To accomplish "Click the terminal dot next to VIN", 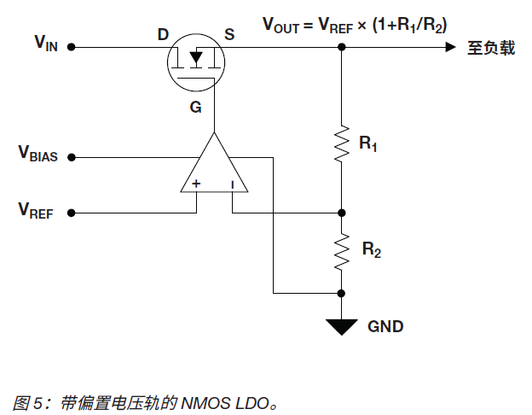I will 72,48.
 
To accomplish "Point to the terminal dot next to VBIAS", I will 72,157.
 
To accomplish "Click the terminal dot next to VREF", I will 72,213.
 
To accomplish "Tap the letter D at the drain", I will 163,35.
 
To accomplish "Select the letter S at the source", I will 229,35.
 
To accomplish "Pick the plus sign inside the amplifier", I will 197,184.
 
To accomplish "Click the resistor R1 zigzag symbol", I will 342,143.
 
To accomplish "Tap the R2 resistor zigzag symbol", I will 342,250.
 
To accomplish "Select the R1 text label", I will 368,144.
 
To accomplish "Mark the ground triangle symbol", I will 342,325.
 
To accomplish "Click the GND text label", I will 385,326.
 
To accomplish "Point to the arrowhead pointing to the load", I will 449,48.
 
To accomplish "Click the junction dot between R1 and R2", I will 342,213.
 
